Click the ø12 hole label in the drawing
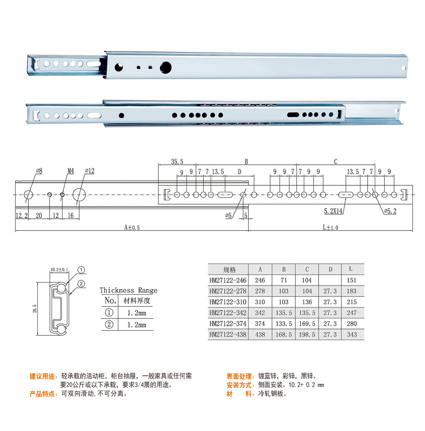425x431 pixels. click(90, 171)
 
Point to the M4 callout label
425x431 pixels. click(71, 171)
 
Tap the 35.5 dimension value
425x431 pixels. click(177, 161)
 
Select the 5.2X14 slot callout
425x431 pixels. click(333, 211)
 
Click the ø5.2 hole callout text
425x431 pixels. click(390, 211)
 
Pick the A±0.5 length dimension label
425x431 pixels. click(132, 227)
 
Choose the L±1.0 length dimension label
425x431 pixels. click(330, 227)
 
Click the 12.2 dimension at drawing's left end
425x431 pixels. click(21, 215)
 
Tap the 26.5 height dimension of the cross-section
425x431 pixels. click(35, 308)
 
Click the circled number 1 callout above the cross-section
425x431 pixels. click(81, 270)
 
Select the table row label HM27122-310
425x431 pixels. click(228, 302)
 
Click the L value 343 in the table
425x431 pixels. click(352, 334)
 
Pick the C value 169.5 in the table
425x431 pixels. click(307, 324)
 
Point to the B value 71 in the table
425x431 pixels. click(284, 280)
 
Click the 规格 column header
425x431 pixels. click(229, 269)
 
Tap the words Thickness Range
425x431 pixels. click(129, 290)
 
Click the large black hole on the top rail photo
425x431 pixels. click(166, 68)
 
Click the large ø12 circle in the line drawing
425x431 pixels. click(79, 194)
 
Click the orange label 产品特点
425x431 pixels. click(42, 394)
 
